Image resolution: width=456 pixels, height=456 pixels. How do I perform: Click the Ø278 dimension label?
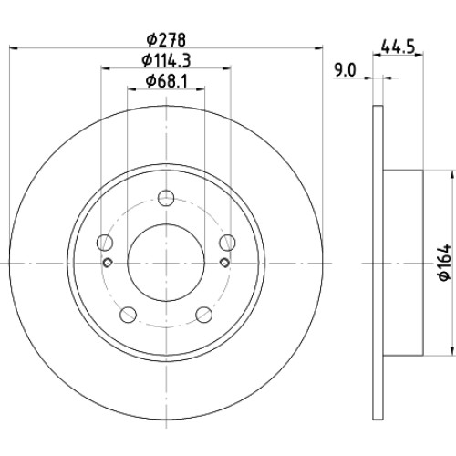click(x=166, y=40)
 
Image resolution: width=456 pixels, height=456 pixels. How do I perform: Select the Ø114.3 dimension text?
click(x=166, y=60)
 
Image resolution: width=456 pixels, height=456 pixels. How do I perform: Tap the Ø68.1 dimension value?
click(x=167, y=81)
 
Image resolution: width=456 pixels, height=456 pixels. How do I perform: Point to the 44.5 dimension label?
click(x=398, y=47)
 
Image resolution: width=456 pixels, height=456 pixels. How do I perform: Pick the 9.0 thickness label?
click(x=345, y=71)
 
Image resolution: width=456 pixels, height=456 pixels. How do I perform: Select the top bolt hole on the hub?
click(x=166, y=198)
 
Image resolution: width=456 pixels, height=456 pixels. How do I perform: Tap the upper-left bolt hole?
click(x=105, y=243)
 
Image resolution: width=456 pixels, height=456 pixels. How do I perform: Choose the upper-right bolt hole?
click(x=227, y=243)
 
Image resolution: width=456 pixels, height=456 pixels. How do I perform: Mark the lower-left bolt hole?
click(x=128, y=315)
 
